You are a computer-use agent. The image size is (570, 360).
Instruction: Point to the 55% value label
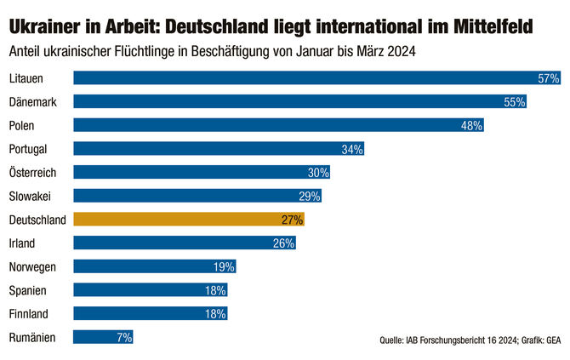coord(515,102)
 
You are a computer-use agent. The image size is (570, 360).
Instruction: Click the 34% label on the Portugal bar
coord(352,149)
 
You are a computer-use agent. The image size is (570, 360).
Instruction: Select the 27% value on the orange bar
coord(292,220)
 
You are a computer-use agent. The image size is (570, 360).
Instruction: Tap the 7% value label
coord(124,338)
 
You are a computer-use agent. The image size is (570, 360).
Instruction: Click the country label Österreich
coord(32,173)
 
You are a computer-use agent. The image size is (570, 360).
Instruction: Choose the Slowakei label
coord(31,196)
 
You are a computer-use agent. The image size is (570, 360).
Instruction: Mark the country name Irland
coord(22,243)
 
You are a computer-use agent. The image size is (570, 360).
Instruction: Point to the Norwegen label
coord(32,267)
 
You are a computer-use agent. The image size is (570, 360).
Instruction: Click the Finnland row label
coord(28,314)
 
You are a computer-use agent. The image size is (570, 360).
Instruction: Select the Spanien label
coord(27,290)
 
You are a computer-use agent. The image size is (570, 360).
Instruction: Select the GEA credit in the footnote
coord(552,341)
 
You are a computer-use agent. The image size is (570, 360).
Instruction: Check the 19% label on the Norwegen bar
coord(224,267)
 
